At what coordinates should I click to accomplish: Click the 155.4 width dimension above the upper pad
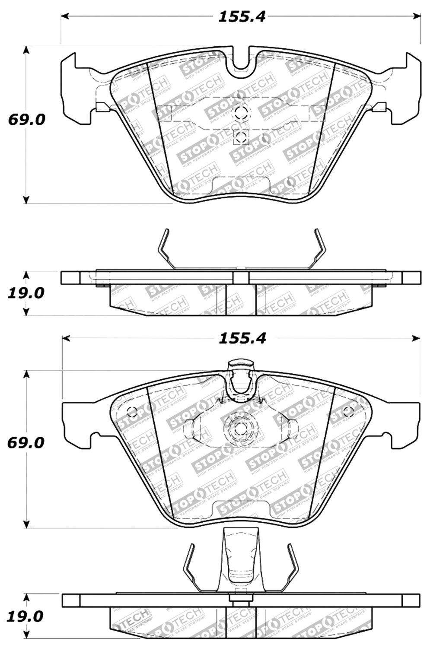click(x=241, y=17)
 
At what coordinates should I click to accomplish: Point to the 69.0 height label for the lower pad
click(x=26, y=443)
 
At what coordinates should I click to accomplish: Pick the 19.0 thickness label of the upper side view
click(x=26, y=293)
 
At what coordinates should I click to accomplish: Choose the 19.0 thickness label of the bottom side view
click(x=26, y=616)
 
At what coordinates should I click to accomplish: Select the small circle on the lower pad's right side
click(x=349, y=411)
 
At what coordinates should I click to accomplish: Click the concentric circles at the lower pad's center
click(x=240, y=429)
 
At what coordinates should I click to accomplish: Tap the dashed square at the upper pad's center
click(x=240, y=138)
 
